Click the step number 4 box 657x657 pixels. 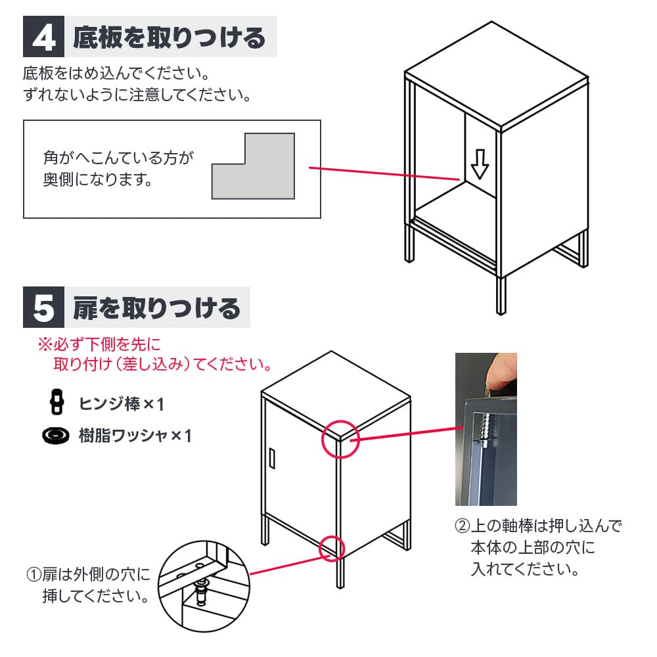coord(43,36)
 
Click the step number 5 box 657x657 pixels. coord(43,307)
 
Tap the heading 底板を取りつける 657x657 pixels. coord(170,37)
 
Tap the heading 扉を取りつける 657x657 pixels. coord(157,308)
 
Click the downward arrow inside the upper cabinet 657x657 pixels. coord(480,164)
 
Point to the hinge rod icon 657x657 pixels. coord(57,402)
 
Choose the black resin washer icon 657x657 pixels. coord(56,436)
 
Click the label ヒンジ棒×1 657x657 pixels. coord(122,404)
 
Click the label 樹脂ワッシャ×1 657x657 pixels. coord(135,436)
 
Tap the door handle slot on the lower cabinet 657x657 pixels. coord(272,458)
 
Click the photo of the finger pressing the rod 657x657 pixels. coord(486,429)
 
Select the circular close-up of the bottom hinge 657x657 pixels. coord(204,586)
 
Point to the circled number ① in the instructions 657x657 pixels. coord(34,574)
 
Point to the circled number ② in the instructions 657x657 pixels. coord(462,526)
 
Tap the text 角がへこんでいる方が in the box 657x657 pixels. coord(118,158)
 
